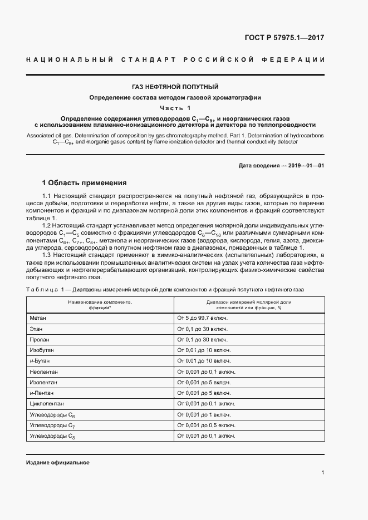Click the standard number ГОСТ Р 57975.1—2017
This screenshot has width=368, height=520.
(284, 38)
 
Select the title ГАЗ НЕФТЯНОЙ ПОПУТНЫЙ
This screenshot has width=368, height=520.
(175, 87)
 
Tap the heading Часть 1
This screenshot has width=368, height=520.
(175, 108)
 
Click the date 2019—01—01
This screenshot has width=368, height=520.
(306, 166)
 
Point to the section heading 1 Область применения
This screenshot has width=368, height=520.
(85, 182)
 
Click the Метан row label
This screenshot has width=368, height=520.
(38, 318)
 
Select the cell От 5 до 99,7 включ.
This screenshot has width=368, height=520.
(203, 318)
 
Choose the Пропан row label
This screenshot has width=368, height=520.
(40, 339)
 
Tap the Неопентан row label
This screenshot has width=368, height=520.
(43, 372)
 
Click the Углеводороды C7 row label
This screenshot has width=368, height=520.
(52, 425)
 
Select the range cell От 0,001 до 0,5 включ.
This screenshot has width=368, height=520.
(206, 425)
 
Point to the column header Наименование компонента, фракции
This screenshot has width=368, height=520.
(100, 304)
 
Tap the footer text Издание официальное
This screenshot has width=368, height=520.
(58, 463)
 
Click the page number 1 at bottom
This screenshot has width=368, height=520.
(322, 473)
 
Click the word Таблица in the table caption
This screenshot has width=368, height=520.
(42, 290)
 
